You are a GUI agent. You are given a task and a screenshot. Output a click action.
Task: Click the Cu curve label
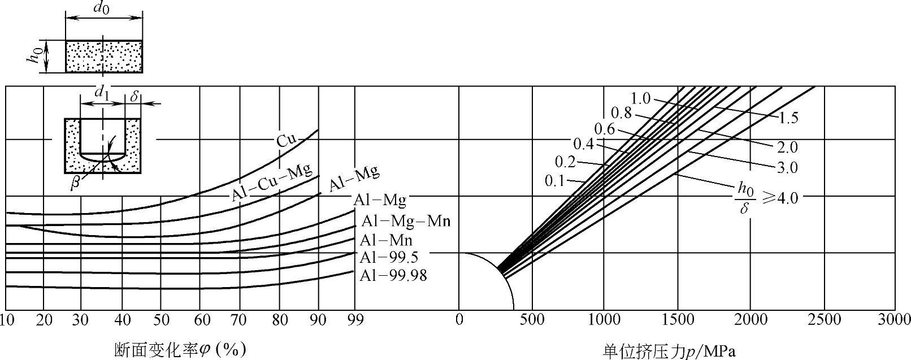(x=286, y=140)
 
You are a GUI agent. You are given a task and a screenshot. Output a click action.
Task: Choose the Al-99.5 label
(x=389, y=258)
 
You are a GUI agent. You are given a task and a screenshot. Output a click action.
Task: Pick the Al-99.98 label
(x=393, y=276)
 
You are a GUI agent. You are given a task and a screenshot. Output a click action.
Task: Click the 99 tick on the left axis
(x=355, y=320)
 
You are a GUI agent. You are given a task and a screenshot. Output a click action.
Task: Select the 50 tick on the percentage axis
(x=161, y=320)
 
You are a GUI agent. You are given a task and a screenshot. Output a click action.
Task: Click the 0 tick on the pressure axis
(x=459, y=320)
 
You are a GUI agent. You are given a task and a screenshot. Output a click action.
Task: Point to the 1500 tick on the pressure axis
(x=677, y=320)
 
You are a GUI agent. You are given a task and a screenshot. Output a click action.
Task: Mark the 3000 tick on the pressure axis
(x=895, y=320)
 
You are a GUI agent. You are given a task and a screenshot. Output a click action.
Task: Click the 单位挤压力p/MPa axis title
(x=669, y=351)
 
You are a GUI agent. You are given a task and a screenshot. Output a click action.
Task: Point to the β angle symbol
(x=75, y=184)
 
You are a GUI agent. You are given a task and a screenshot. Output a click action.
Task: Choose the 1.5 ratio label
(x=788, y=119)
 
